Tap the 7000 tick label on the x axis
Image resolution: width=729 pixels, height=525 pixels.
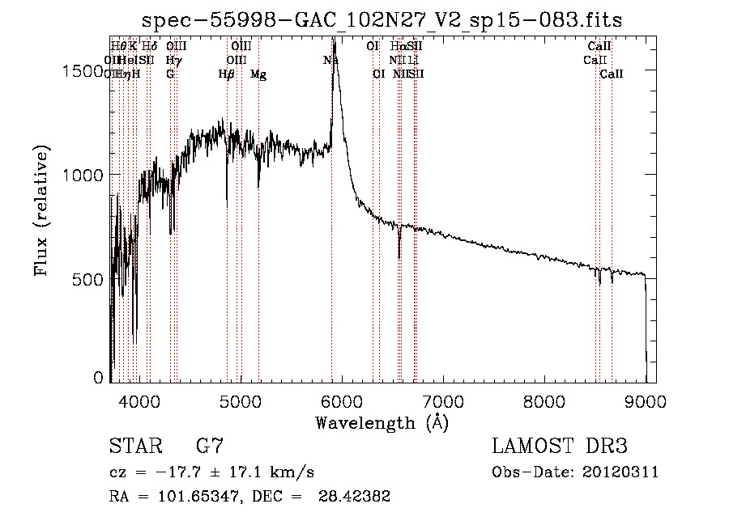443,400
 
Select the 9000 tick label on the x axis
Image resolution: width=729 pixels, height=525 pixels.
646,400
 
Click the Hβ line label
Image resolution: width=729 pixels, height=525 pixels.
227,74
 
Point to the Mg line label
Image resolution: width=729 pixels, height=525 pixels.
258,74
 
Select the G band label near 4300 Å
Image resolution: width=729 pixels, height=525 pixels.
170,74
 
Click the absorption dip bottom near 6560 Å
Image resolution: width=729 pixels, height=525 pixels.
399,257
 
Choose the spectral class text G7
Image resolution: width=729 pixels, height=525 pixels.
209,447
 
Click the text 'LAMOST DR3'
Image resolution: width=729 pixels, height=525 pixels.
559,447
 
